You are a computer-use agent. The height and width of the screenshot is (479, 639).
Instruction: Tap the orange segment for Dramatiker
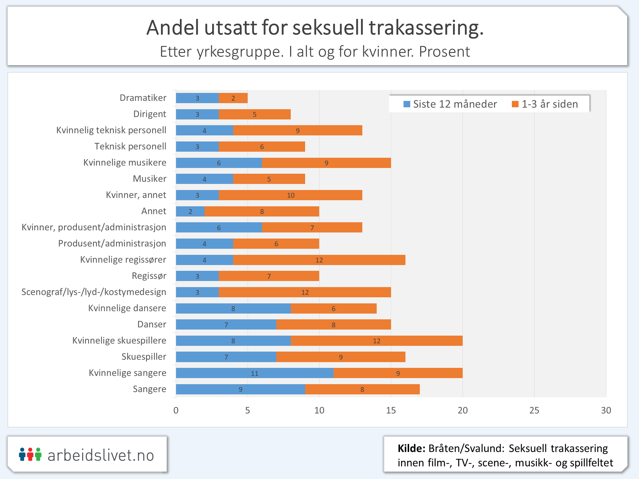click(x=233, y=98)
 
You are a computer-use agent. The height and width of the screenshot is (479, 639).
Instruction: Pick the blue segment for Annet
click(x=190, y=211)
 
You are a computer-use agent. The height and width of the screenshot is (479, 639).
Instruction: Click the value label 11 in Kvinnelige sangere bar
click(x=255, y=373)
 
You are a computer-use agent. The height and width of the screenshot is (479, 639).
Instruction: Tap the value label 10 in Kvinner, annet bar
click(x=291, y=195)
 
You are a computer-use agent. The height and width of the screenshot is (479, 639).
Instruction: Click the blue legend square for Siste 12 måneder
click(x=407, y=104)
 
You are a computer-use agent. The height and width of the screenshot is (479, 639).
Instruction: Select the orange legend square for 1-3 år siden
click(x=515, y=104)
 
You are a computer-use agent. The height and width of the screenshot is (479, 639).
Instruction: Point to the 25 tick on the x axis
click(x=534, y=410)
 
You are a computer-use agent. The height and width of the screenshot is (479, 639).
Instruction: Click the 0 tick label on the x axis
click(x=176, y=410)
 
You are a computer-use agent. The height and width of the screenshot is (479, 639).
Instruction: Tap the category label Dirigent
click(x=150, y=114)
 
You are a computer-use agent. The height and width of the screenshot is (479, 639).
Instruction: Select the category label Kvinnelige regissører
click(x=123, y=260)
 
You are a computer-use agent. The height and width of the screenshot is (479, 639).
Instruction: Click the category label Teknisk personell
click(x=130, y=146)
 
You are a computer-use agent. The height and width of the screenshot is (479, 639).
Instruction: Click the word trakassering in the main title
click(x=426, y=28)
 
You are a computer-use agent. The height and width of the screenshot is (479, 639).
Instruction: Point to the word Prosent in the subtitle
click(x=444, y=52)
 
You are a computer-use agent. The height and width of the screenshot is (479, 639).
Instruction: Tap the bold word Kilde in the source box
click(x=411, y=448)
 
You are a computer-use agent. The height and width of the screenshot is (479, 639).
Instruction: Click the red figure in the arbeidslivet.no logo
click(x=30, y=454)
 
